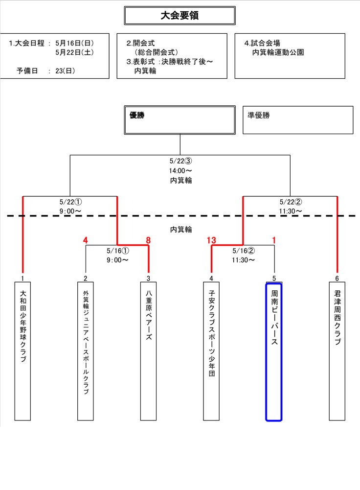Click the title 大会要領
[180, 16]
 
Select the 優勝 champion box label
[138, 116]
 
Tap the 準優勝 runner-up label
[259, 116]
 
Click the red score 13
[211, 240]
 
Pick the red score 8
[148, 240]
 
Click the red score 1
[274, 240]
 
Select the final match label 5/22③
[180, 161]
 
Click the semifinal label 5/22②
[291, 202]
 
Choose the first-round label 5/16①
[117, 251]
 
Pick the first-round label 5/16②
[243, 251]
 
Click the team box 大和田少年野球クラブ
[22, 350]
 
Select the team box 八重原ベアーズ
[148, 350]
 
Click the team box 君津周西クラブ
[337, 350]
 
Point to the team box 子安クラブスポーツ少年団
[211, 350]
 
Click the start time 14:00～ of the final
[180, 171]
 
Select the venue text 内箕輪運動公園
[278, 52]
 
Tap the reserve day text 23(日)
[65, 71]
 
